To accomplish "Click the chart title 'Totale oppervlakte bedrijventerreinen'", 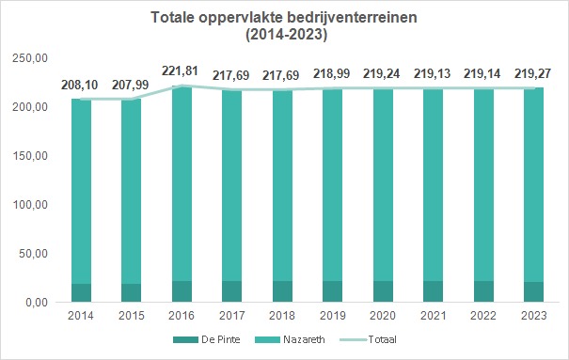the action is pyautogui.click(x=284, y=18).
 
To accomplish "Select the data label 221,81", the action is pyautogui.click(x=180, y=70).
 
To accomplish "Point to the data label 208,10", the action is pyautogui.click(x=79, y=85).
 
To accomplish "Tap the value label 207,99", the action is pyautogui.click(x=131, y=85).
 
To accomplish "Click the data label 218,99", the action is pyautogui.click(x=332, y=73).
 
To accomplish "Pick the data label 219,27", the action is pyautogui.click(x=532, y=73).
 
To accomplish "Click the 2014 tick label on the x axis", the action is pyautogui.click(x=81, y=316).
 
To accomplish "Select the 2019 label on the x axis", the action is pyautogui.click(x=332, y=316).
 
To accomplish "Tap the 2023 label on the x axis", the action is pyautogui.click(x=534, y=316).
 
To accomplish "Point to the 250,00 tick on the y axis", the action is pyautogui.click(x=30, y=58).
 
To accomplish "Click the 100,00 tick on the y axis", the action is pyautogui.click(x=30, y=205).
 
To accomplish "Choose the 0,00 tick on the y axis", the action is pyautogui.click(x=37, y=303).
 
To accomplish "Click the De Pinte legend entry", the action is pyautogui.click(x=207, y=339).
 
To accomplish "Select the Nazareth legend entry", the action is pyautogui.click(x=290, y=339).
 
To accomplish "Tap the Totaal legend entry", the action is pyautogui.click(x=369, y=339).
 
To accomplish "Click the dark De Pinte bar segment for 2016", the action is pyautogui.click(x=182, y=291).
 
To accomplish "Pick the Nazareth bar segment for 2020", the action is pyautogui.click(x=383, y=184).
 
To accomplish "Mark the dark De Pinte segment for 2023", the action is pyautogui.click(x=534, y=291).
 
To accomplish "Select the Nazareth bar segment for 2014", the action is pyautogui.click(x=81, y=192).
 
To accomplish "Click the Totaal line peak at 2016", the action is pyautogui.click(x=182, y=86).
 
